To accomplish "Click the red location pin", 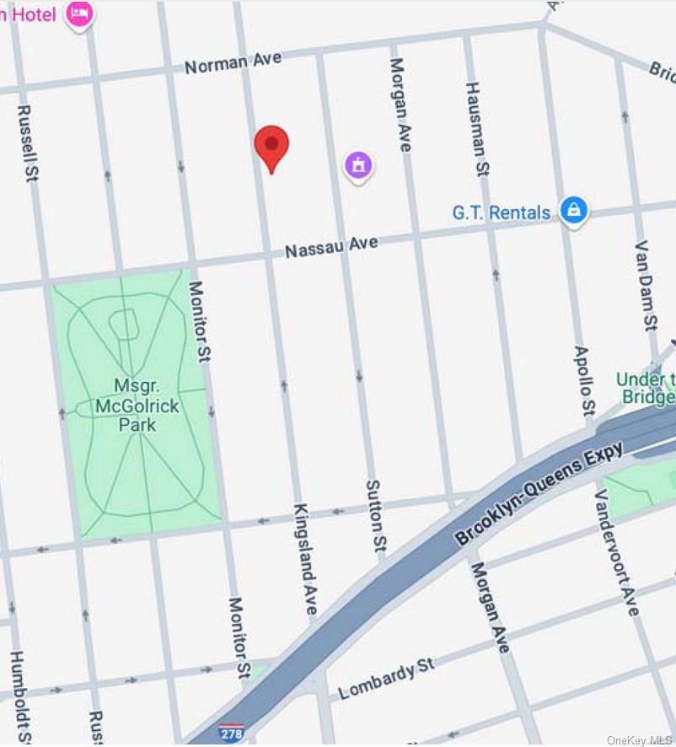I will click(271, 147).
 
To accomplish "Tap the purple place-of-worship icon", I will click(358, 164).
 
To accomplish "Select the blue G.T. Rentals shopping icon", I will click(573, 209).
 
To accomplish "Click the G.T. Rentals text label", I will click(501, 212).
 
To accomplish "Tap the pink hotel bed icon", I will click(80, 13).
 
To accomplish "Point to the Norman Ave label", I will click(233, 62).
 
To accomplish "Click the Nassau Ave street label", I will click(331, 247).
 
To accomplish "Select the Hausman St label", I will click(477, 129).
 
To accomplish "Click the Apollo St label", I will click(583, 380).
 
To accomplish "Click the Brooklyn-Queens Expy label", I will click(539, 492).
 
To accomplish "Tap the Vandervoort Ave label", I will click(617, 552).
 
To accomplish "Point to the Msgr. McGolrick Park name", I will click(136, 406).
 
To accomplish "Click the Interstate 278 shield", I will click(231, 731).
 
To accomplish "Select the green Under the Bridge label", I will click(646, 388).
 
